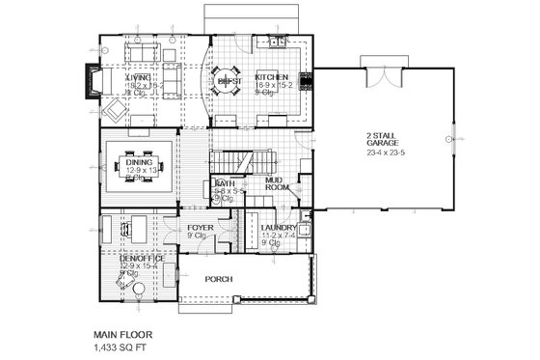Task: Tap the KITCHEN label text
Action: pyautogui.click(x=271, y=77)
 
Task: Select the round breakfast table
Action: pyautogui.click(x=228, y=84)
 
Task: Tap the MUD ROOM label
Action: pyautogui.click(x=278, y=183)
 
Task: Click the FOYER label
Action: pyautogui.click(x=200, y=228)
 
